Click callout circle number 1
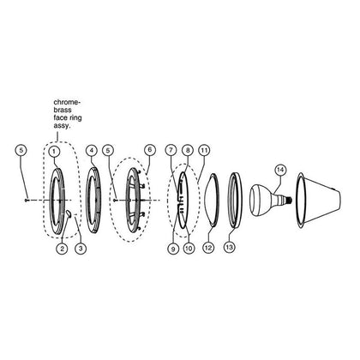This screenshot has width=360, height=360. [54, 152]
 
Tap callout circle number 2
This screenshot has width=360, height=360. [62, 249]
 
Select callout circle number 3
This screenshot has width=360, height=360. [81, 249]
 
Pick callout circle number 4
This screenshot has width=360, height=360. [92, 151]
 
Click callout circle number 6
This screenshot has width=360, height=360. [150, 150]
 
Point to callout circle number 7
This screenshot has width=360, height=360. [171, 150]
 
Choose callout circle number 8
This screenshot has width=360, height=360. [188, 150]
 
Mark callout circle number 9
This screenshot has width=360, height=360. [173, 249]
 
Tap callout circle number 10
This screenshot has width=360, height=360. [189, 249]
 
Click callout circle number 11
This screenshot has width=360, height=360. [204, 150]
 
